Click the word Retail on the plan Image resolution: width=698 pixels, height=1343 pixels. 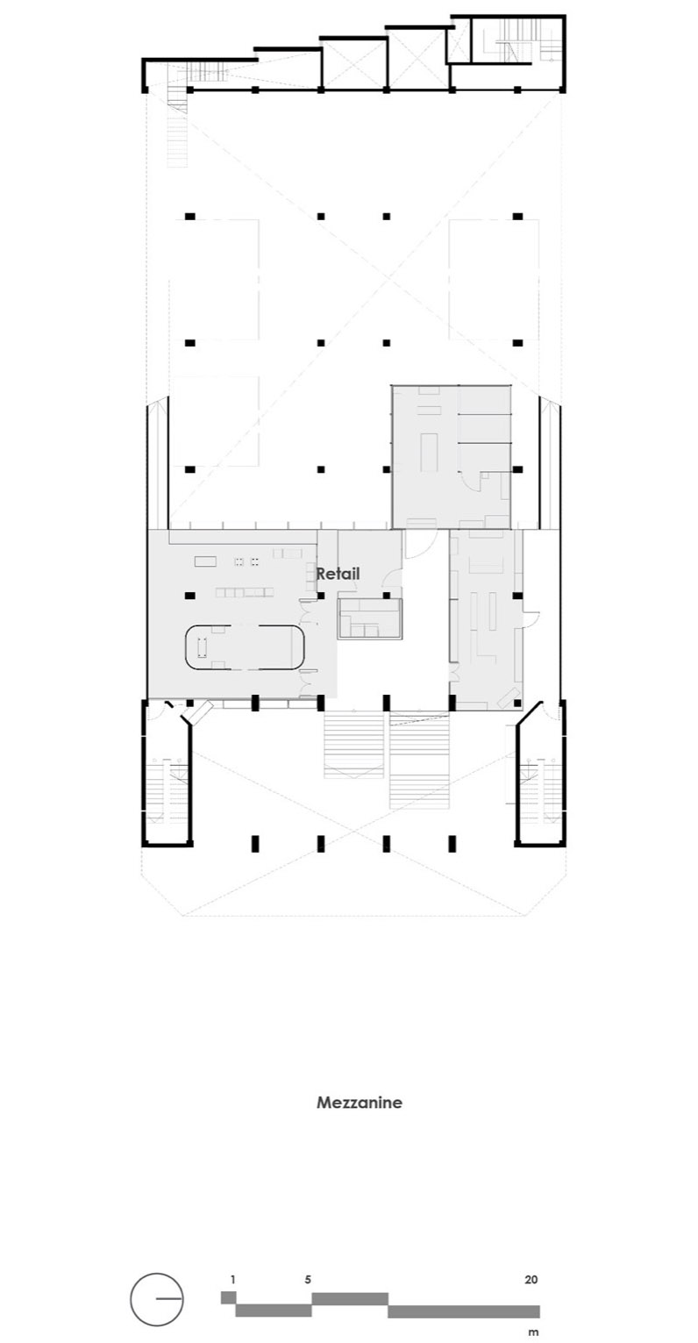pyautogui.click(x=338, y=573)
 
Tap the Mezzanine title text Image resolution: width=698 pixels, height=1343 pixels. pyautogui.click(x=359, y=1103)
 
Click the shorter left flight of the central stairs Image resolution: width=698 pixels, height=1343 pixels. pyautogui.click(x=353, y=745)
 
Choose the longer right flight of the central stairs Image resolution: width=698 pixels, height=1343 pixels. pyautogui.click(x=420, y=760)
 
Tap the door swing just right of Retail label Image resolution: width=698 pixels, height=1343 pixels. pyautogui.click(x=393, y=575)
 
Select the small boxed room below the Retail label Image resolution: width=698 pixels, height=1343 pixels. pyautogui.click(x=370, y=618)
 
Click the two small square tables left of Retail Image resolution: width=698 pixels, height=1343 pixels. pyautogui.click(x=247, y=561)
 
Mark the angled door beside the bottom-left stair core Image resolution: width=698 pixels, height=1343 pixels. pyautogui.click(x=198, y=712)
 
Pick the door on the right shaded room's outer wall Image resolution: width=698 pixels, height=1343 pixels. pyautogui.click(x=531, y=618)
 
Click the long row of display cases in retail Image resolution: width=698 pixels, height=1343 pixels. pyautogui.click(x=245, y=593)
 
